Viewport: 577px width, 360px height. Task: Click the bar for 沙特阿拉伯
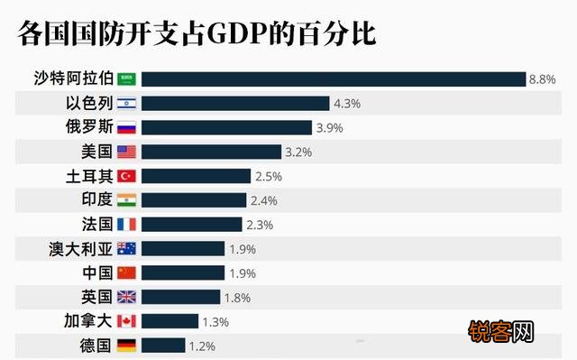(x=333, y=79)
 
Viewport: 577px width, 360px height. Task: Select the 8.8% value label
(x=542, y=79)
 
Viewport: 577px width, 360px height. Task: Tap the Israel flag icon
(x=126, y=104)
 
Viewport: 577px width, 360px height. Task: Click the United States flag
(x=126, y=152)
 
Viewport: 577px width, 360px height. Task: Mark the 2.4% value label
(x=263, y=200)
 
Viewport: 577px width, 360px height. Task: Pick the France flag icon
(x=126, y=224)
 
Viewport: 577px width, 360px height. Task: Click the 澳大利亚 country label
(x=80, y=248)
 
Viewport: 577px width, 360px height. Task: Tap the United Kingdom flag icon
(x=126, y=297)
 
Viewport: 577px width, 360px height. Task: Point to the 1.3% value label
(x=215, y=321)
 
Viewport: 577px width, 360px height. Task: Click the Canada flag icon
(x=126, y=321)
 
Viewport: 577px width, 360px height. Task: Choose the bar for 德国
(x=163, y=345)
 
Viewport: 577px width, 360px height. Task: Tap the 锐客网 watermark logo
(x=501, y=330)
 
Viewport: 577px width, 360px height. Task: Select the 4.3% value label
(x=346, y=104)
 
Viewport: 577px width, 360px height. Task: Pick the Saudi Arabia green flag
(x=126, y=79)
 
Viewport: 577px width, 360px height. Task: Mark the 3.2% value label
(x=298, y=152)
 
